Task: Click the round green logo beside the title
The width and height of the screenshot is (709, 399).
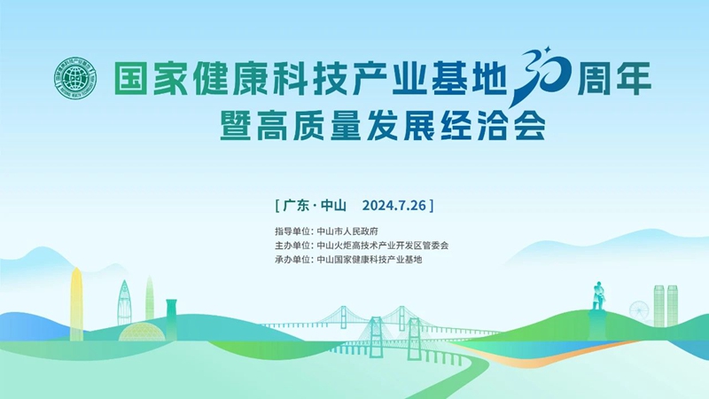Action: click(76, 79)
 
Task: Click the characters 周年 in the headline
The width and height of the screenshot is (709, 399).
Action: click(614, 79)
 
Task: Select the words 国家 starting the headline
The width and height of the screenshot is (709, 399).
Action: click(151, 79)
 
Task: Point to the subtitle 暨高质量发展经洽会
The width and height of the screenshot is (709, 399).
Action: click(383, 125)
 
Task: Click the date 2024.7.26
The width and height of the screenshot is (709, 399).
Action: click(393, 206)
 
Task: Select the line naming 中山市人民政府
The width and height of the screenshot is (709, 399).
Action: click(326, 231)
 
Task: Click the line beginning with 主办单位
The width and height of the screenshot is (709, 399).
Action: click(362, 246)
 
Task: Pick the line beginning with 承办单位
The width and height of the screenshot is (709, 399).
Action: click(348, 260)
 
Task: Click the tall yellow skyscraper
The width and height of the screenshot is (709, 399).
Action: click(77, 304)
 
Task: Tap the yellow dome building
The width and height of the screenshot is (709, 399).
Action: click(142, 333)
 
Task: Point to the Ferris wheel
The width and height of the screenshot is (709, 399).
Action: click(639, 311)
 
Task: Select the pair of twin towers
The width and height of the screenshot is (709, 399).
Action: click(666, 305)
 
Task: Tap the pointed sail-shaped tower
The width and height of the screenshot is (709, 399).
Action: click(124, 302)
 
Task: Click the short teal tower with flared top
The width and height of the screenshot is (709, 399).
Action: click(171, 319)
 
